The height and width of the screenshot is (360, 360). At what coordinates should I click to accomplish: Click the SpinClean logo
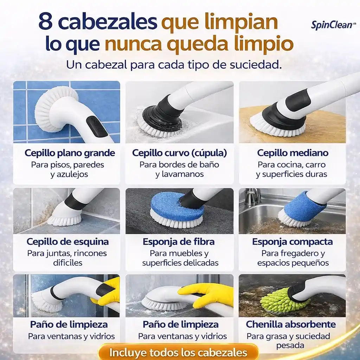pos(328,25)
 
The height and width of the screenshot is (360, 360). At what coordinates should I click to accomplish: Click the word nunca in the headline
pos(133,45)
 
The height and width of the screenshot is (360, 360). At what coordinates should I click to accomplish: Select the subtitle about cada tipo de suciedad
pos(174,65)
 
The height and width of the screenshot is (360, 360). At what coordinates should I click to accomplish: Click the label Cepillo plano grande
pos(70,153)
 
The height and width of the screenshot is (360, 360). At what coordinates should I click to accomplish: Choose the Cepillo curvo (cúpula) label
pos(179,153)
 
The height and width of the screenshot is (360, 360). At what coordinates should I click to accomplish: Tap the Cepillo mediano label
pos(292,153)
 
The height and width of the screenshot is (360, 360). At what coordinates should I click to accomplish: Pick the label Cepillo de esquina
pos(67,242)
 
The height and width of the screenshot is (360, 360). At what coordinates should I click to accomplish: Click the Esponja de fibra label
pos(179,242)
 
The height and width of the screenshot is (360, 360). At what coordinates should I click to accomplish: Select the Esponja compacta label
pos(292,242)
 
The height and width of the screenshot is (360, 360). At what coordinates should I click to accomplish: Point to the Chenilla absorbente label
pos(291,324)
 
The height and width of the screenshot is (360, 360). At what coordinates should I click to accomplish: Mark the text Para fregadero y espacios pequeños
pos(292,258)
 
